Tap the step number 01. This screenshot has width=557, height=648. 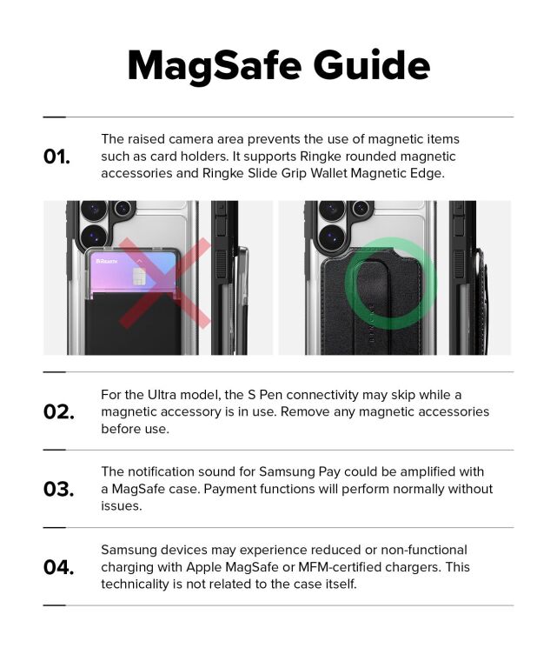[56, 157]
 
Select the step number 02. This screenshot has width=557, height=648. [58, 411]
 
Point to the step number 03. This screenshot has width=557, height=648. [58, 489]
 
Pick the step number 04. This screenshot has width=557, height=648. [58, 567]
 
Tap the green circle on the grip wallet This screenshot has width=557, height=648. [390, 278]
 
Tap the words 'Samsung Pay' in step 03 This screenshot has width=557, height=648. [300, 471]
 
